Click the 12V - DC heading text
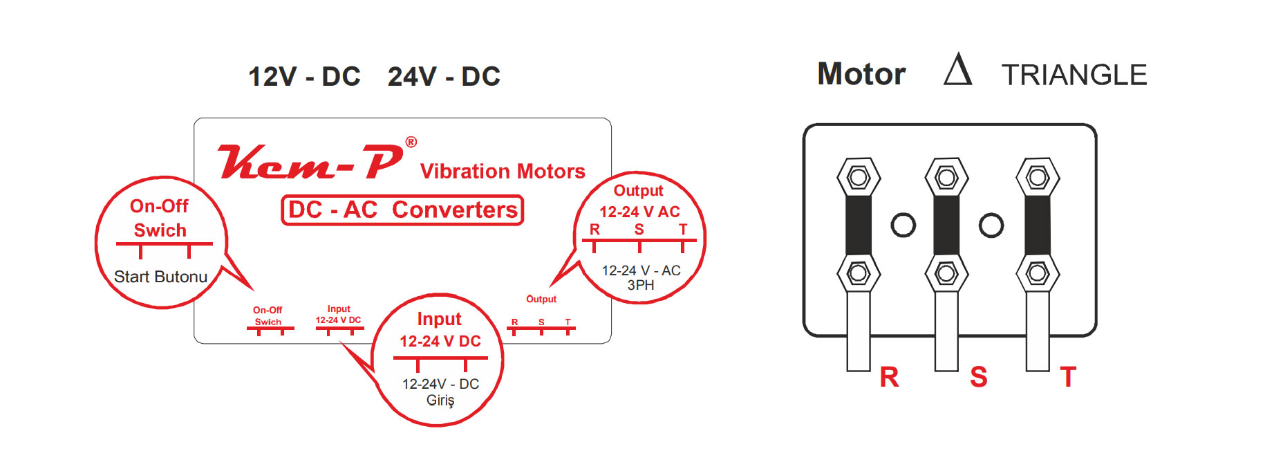[x=304, y=77]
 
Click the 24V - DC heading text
[x=444, y=77]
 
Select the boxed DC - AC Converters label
[x=402, y=210]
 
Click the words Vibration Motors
[x=503, y=171]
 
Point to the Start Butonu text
[x=160, y=277]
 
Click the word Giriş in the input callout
[x=440, y=401]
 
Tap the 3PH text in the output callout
[x=641, y=285]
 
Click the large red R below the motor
[x=889, y=377]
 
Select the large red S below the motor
[x=978, y=377]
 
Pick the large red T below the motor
[x=1068, y=377]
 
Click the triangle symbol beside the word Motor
[x=958, y=69]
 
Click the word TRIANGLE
[x=1074, y=75]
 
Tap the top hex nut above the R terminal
[x=859, y=177]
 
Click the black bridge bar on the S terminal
[x=946, y=226]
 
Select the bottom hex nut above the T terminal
[x=1038, y=273]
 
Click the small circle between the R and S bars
[x=903, y=225]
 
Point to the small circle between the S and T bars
[x=991, y=225]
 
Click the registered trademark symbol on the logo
[x=411, y=142]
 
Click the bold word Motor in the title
[x=861, y=74]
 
